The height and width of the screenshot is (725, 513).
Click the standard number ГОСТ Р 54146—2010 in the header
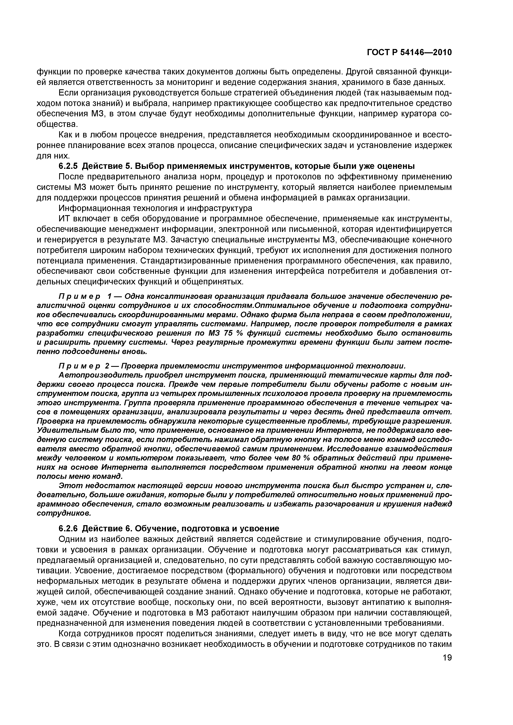(x=409, y=53)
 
